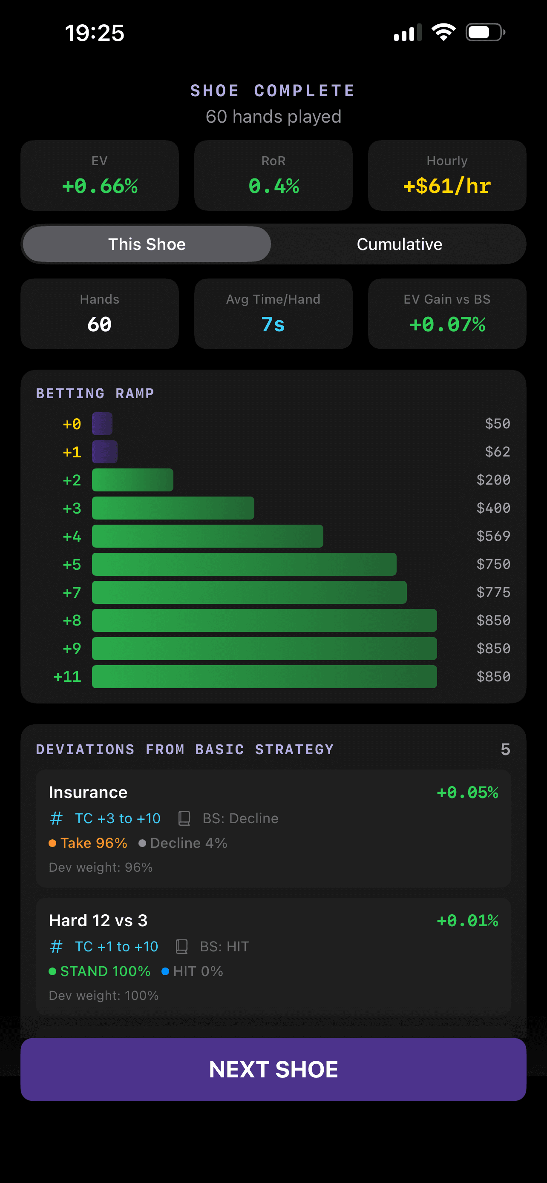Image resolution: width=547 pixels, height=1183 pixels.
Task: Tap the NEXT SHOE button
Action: pyautogui.click(x=273, y=1069)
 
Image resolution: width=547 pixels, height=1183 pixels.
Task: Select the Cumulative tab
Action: pyautogui.click(x=399, y=244)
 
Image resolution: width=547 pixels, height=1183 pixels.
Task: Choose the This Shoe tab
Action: pyautogui.click(x=147, y=244)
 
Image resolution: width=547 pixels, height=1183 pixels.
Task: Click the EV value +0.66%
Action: pyautogui.click(x=100, y=186)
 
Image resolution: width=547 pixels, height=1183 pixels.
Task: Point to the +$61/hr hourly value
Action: pyautogui.click(x=447, y=186)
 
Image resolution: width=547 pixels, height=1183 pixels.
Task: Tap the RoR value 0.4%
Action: pyautogui.click(x=273, y=186)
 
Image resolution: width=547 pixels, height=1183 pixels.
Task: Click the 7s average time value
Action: pyautogui.click(x=273, y=324)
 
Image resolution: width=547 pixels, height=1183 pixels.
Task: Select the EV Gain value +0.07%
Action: pyautogui.click(x=447, y=324)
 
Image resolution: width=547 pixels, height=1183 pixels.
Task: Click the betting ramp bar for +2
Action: pyautogui.click(x=132, y=480)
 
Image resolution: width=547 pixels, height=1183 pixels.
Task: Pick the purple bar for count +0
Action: pyautogui.click(x=102, y=423)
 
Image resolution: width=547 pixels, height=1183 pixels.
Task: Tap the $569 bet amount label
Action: pyautogui.click(x=493, y=536)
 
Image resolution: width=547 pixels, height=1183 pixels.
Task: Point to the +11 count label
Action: pyautogui.click(x=67, y=677)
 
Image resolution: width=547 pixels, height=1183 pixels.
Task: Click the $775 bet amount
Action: pyautogui.click(x=493, y=592)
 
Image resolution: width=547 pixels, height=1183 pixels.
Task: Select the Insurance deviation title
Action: pyautogui.click(x=88, y=792)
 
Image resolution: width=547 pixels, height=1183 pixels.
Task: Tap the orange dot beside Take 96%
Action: pyautogui.click(x=52, y=843)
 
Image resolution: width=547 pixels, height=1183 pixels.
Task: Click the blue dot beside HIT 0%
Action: pyautogui.click(x=165, y=971)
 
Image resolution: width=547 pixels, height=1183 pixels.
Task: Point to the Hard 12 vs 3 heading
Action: pyautogui.click(x=98, y=920)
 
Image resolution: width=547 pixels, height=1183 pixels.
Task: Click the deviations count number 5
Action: pyautogui.click(x=505, y=749)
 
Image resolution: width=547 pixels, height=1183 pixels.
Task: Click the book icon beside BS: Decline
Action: pyautogui.click(x=184, y=818)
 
